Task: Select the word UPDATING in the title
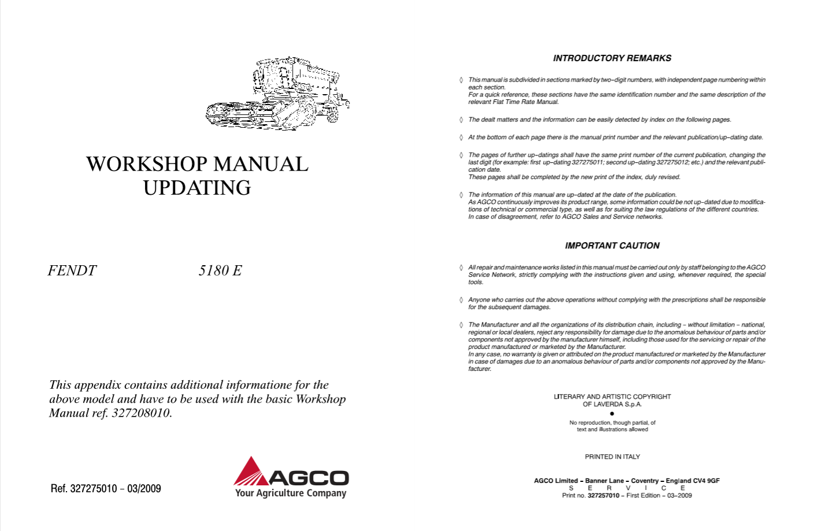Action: [x=197, y=188]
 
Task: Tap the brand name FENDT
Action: [x=72, y=270]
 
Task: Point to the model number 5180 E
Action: [x=220, y=270]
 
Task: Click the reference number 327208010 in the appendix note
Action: [x=141, y=413]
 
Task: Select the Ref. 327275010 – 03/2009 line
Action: [x=106, y=489]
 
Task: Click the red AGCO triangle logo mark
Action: [x=251, y=471]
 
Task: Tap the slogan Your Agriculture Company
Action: [x=291, y=493]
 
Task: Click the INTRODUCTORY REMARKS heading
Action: [x=612, y=58]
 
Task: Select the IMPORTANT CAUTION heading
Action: [x=612, y=246]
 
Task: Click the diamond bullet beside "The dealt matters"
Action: [x=461, y=120]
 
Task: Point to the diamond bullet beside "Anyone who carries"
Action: [x=461, y=300]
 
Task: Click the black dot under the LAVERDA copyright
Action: [x=612, y=414]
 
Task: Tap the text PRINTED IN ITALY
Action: [x=612, y=456]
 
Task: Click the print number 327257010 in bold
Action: [x=603, y=496]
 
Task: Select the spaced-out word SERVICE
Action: [x=626, y=488]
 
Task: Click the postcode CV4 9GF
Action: [x=705, y=481]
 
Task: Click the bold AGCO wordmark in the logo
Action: [x=309, y=478]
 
